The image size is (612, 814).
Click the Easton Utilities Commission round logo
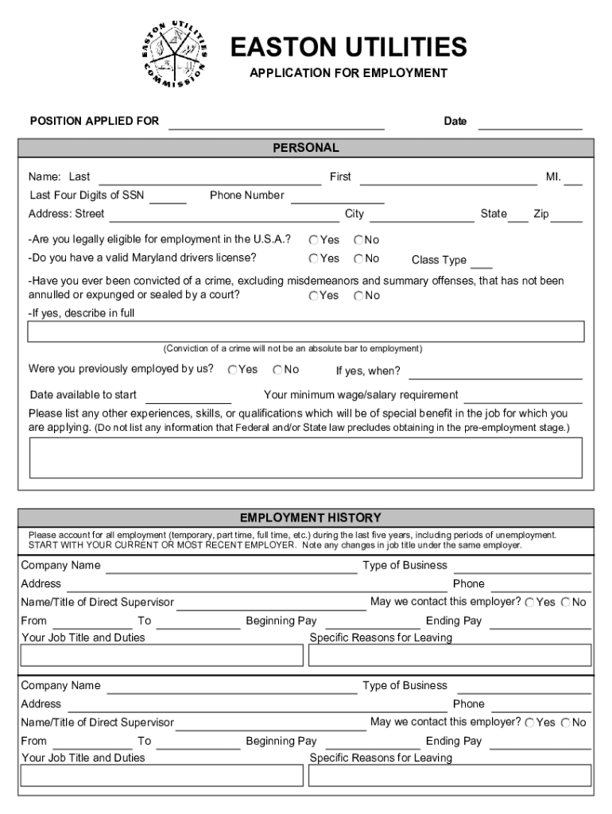click(173, 54)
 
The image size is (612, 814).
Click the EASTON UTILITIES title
click(348, 48)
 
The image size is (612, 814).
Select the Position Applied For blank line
click(276, 122)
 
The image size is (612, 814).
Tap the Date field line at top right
click(529, 122)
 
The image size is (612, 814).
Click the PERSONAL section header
click(306, 148)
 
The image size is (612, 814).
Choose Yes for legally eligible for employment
click(315, 240)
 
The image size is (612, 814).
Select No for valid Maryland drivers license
click(359, 259)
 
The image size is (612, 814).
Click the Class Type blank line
click(482, 263)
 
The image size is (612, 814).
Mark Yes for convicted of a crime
click(315, 296)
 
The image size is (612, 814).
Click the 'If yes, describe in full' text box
click(306, 331)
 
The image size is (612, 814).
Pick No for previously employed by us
click(278, 370)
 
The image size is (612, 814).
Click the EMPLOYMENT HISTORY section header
click(306, 517)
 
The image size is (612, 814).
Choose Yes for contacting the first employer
click(529, 603)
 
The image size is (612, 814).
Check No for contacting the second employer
click(566, 723)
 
